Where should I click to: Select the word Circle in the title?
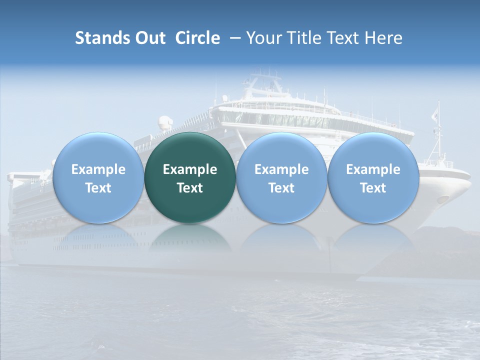coord(197,38)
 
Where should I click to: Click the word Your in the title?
coord(264,38)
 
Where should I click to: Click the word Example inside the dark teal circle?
coord(190,169)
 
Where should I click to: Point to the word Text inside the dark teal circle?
coord(190,188)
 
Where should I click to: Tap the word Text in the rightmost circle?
coord(373,188)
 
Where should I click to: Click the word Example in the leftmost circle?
coord(98,169)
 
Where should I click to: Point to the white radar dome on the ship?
coord(164,122)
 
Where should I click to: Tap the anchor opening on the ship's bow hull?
coord(442,199)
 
